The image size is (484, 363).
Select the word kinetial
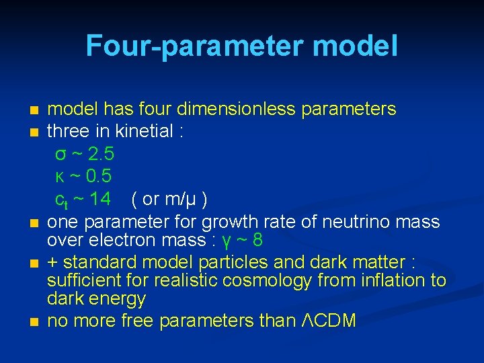pyautogui.click(x=146, y=131)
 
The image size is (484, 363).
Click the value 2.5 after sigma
pyautogui.click(x=101, y=154)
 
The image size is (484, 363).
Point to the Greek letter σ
pyautogui.click(x=61, y=155)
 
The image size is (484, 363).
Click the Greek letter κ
pyautogui.click(x=60, y=177)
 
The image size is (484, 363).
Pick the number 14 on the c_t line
pyautogui.click(x=100, y=199)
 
